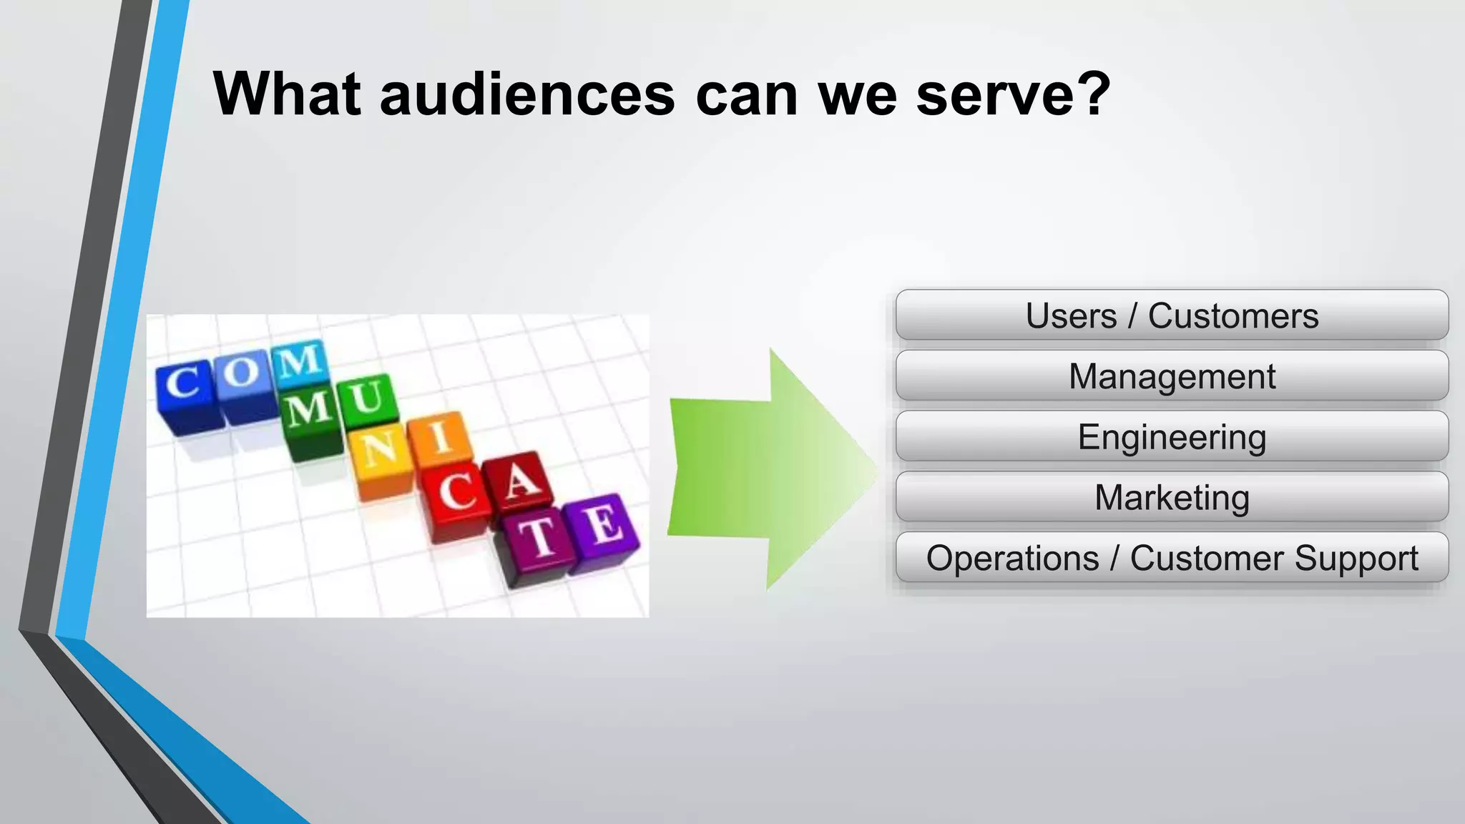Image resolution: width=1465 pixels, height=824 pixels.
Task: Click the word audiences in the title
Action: (527, 94)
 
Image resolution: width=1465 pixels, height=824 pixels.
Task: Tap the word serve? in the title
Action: (1013, 94)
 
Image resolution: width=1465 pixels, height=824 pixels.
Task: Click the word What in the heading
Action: (286, 94)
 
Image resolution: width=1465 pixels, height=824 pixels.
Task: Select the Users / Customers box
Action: (1172, 315)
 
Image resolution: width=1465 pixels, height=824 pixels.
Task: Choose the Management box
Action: (1172, 376)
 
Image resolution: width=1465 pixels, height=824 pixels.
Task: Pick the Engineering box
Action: (1172, 437)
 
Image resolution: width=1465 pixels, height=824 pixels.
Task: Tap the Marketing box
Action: (1172, 497)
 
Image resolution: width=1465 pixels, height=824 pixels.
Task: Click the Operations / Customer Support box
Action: (1172, 558)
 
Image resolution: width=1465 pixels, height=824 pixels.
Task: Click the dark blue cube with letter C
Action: (185, 390)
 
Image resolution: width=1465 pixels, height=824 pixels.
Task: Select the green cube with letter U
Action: (367, 401)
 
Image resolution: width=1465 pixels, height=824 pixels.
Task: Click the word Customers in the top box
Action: (1233, 315)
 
